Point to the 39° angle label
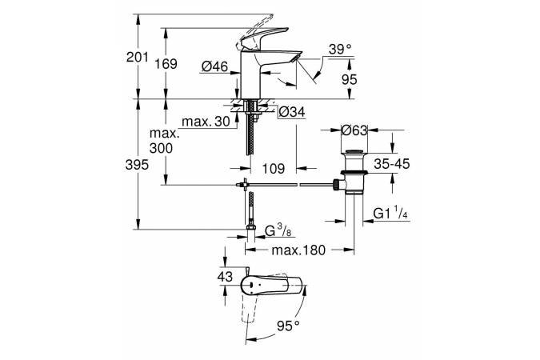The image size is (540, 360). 338,50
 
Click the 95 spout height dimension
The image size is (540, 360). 350,79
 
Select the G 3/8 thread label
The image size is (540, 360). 276,232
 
